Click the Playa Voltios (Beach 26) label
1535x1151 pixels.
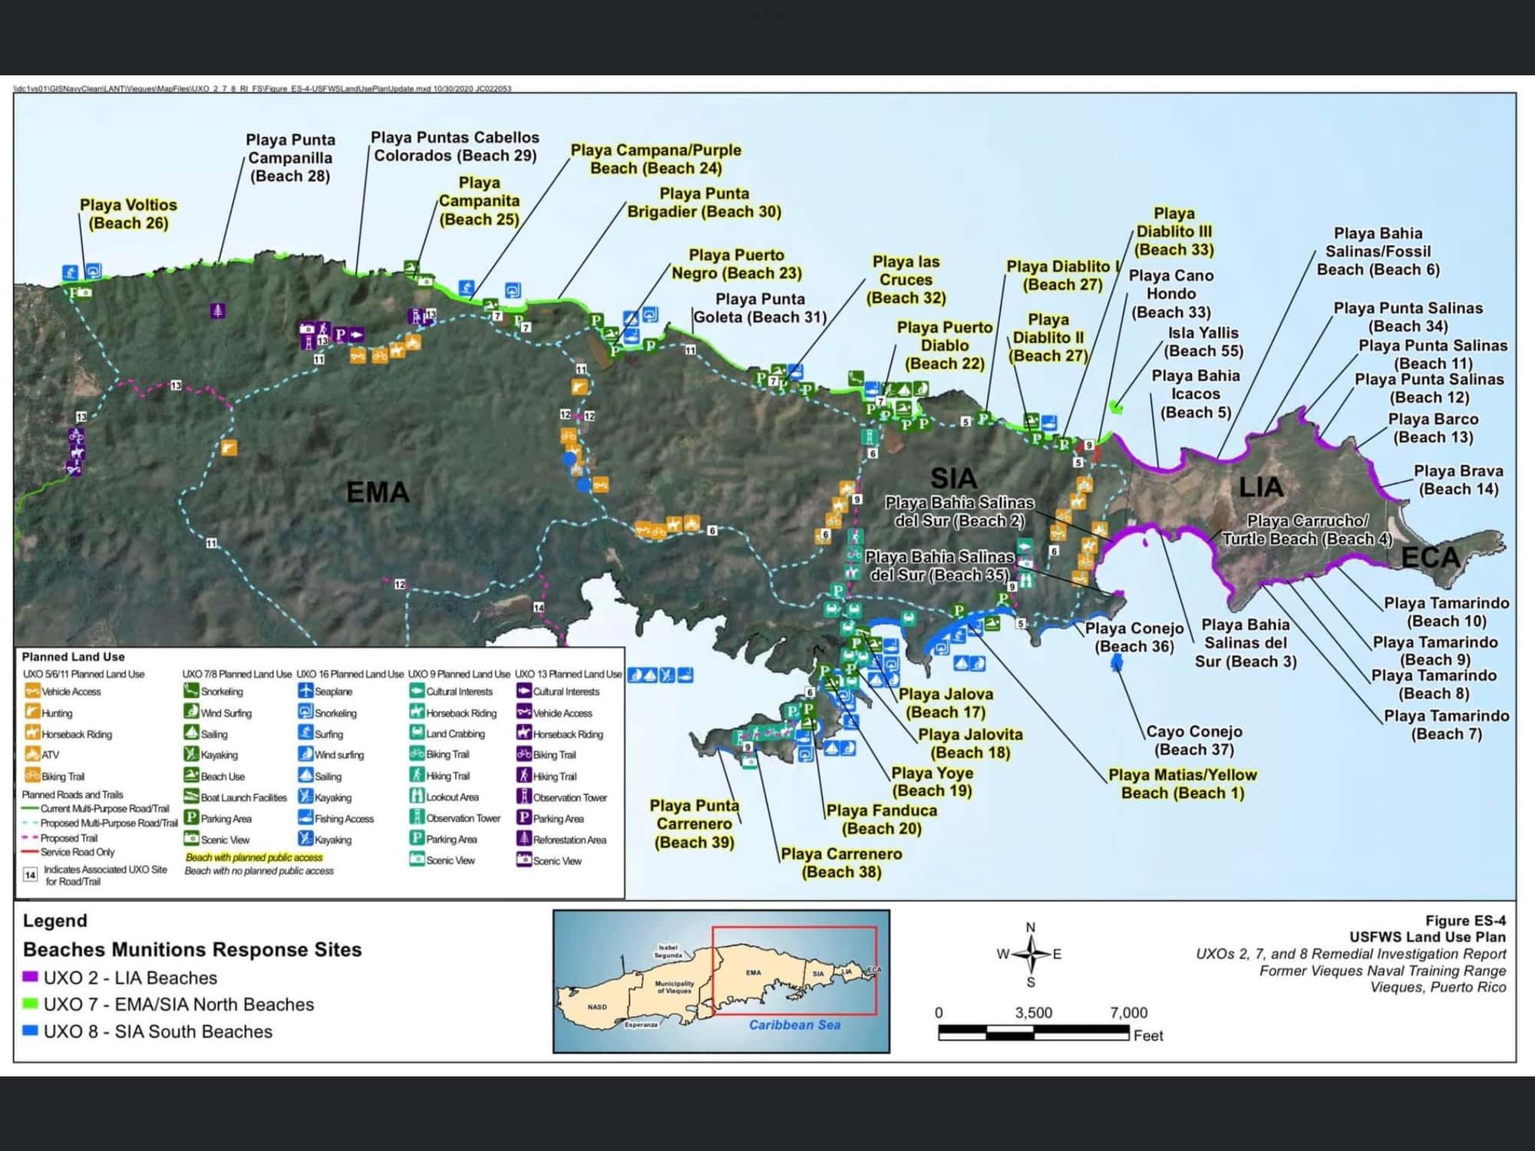[x=128, y=214]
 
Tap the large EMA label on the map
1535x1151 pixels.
[x=378, y=493]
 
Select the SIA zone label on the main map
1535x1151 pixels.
[x=953, y=479]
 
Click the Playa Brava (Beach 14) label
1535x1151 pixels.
[x=1458, y=480]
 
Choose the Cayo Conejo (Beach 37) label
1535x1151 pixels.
[x=1193, y=740]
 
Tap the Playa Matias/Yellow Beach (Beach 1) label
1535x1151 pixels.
[x=1182, y=783]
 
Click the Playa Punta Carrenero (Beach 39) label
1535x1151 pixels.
[x=694, y=823]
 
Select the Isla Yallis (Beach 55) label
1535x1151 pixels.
[x=1203, y=341]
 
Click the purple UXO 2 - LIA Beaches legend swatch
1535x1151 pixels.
[x=31, y=978]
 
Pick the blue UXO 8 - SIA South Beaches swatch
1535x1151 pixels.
[x=31, y=1031]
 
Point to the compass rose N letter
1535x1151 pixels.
[x=1030, y=927]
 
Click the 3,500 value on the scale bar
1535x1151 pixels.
[x=1033, y=1013]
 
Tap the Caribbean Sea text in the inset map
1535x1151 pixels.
[x=794, y=1025]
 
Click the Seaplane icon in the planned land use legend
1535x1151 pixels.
[x=305, y=691]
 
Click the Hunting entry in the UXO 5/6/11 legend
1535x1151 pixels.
[x=56, y=713]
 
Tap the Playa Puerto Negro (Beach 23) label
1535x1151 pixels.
[x=736, y=264]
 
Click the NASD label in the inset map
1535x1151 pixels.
[x=597, y=1007]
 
